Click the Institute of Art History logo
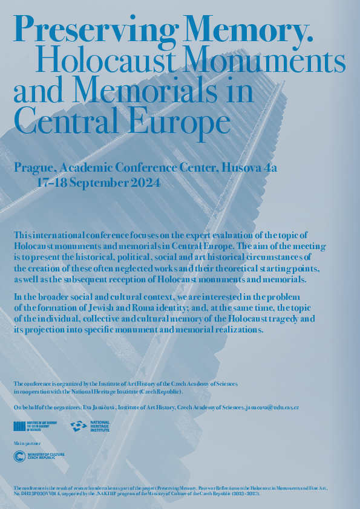(35, 426)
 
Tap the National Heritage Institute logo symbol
(79, 426)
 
